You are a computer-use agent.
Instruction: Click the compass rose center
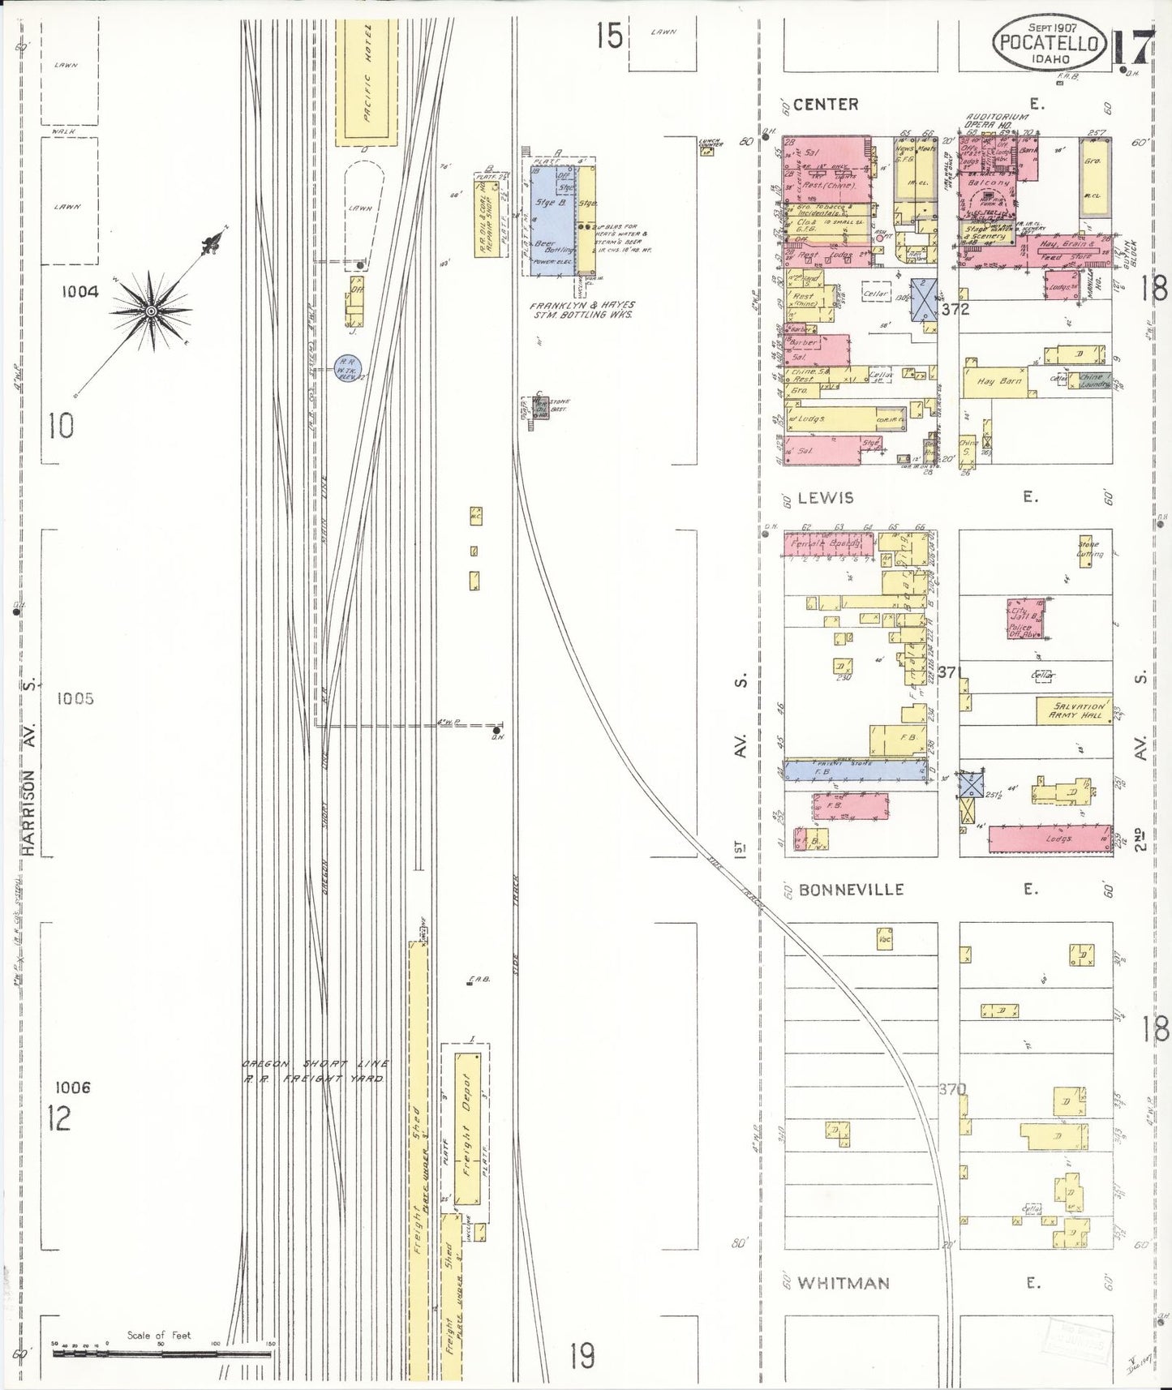point(152,311)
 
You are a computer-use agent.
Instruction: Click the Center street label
point(826,105)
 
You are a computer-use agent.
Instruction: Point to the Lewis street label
point(826,498)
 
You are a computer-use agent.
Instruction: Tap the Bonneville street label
point(851,890)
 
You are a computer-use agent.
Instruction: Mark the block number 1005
point(75,698)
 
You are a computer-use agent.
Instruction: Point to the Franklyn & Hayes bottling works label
point(582,309)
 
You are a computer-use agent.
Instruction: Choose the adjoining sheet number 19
point(582,1355)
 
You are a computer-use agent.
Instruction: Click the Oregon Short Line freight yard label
point(316,1070)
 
